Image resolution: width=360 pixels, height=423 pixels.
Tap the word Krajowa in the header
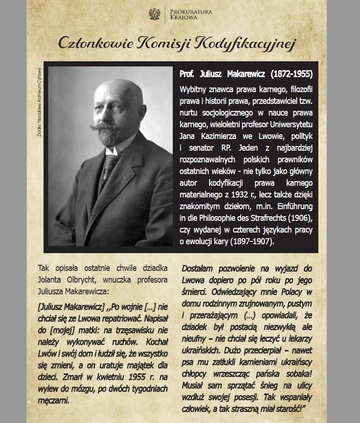pos(184,17)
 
